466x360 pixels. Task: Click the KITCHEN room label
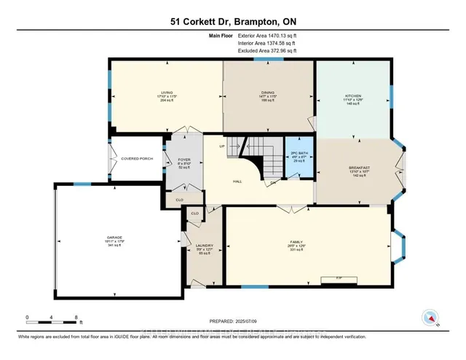(352, 96)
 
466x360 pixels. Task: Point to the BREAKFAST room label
(360, 168)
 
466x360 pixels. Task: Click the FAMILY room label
(295, 243)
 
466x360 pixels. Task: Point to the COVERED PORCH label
(136, 158)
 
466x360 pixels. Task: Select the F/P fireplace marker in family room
(339, 278)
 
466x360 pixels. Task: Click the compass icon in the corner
(430, 318)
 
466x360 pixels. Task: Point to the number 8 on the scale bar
(76, 317)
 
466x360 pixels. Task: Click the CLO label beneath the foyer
(179, 197)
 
